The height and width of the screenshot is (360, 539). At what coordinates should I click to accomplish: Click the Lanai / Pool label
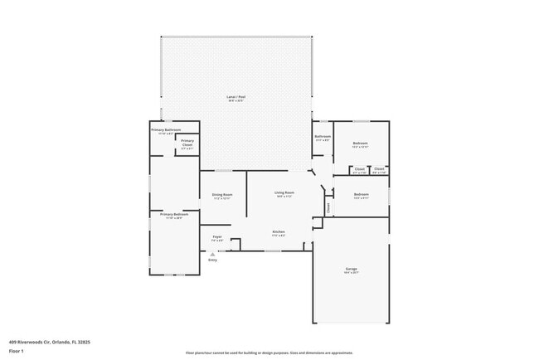click(x=236, y=97)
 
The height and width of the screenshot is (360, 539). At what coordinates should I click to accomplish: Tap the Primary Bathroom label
click(x=166, y=130)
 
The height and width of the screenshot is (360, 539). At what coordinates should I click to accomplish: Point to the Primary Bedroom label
click(x=168, y=215)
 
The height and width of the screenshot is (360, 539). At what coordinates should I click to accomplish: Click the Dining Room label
click(x=221, y=196)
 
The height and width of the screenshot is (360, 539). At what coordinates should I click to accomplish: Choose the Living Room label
click(x=285, y=193)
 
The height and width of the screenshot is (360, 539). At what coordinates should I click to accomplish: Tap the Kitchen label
click(x=279, y=231)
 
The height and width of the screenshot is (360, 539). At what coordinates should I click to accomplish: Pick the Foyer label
click(x=216, y=237)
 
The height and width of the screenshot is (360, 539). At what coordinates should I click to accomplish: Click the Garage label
click(x=352, y=270)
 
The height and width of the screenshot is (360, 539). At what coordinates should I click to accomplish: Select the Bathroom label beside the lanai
click(x=323, y=137)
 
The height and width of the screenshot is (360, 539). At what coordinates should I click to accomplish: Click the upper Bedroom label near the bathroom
click(x=360, y=144)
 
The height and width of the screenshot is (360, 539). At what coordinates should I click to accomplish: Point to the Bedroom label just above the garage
click(x=361, y=194)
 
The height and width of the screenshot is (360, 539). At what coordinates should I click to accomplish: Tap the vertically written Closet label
click(x=328, y=208)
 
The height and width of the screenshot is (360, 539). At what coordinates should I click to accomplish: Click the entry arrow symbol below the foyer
click(x=213, y=253)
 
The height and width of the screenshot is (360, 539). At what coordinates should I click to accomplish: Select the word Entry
click(x=212, y=260)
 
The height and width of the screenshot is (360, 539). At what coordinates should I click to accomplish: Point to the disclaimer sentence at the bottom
click(x=269, y=353)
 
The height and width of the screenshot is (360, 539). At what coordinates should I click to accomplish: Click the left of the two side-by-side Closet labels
click(x=359, y=169)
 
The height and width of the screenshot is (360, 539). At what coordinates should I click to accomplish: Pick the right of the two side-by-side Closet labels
click(x=379, y=169)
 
